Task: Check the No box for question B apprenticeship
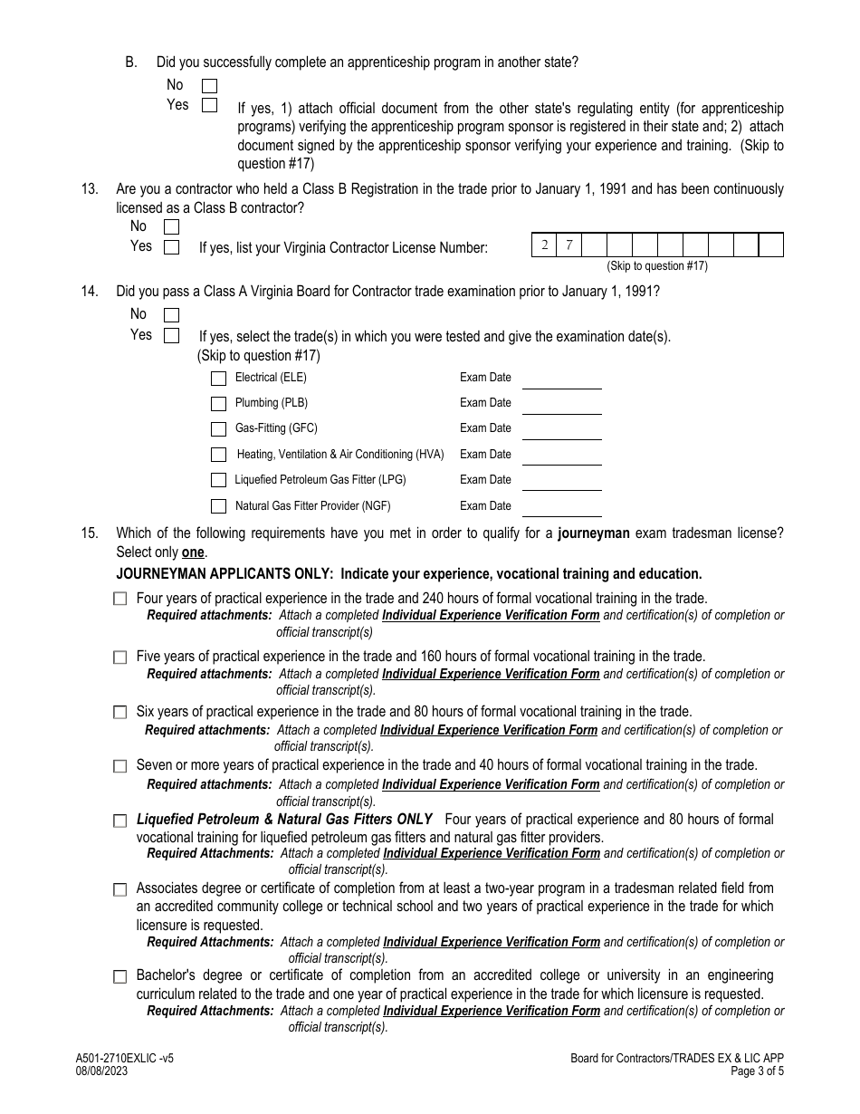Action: pos(209,86)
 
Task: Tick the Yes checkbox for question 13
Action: pos(171,247)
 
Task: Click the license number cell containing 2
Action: pos(544,245)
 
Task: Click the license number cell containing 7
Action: pos(569,245)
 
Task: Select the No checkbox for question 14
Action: pos(171,315)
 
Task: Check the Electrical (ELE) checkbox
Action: pos(218,379)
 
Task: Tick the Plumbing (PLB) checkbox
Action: pos(218,404)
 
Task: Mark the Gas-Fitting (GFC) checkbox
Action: pos(218,429)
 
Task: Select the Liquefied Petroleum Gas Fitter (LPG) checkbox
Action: pos(218,481)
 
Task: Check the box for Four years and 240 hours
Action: pos(120,600)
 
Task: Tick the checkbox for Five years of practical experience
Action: pos(120,658)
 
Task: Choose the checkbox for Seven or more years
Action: pos(120,766)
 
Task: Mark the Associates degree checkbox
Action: pos(120,890)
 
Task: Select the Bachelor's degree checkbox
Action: pos(120,977)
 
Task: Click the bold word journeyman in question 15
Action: pos(593,533)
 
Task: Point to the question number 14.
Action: pos(90,292)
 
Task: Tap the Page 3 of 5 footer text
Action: pos(758,1071)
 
